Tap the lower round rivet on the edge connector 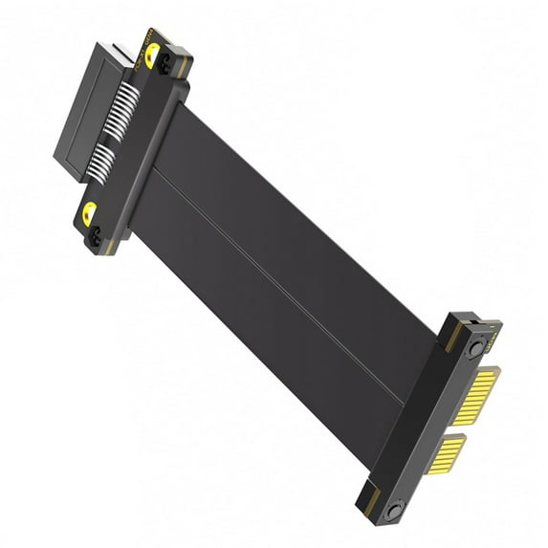tap(391, 513)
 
